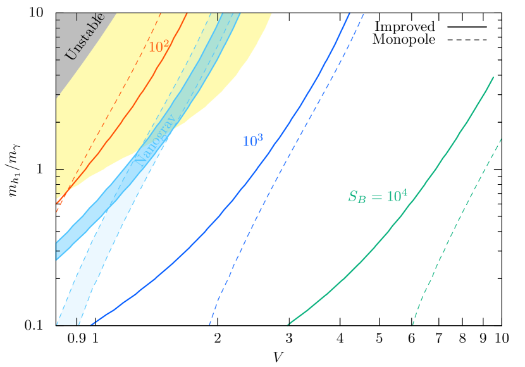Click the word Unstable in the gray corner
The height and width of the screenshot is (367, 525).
tap(84, 37)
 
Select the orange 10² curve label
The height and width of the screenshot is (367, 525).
tap(158, 47)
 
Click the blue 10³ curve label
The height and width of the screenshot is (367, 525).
tap(252, 142)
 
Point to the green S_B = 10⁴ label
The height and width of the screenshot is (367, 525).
tap(378, 197)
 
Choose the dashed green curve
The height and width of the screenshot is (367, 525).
tap(455, 221)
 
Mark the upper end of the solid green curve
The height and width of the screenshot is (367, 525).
tap(493, 77)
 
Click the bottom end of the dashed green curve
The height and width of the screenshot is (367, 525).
tap(413, 325)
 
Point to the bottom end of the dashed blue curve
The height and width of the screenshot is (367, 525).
tap(209, 325)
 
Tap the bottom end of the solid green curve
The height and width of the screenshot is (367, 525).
tap(288, 325)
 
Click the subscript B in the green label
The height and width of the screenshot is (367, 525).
tap(362, 200)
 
